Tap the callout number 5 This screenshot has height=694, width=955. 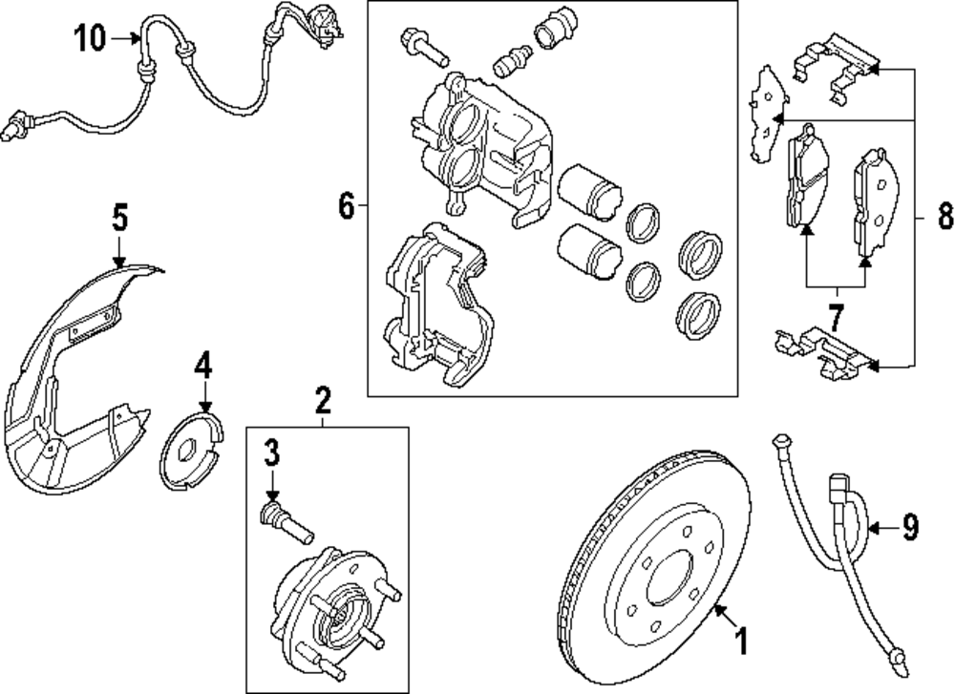click(118, 219)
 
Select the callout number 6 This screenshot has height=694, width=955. click(346, 204)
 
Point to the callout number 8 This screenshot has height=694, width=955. click(944, 218)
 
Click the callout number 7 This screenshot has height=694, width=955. click(837, 315)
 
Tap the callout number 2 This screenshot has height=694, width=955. click(323, 398)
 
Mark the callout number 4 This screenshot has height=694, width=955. click(204, 364)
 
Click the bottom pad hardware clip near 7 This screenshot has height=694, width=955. click(823, 349)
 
